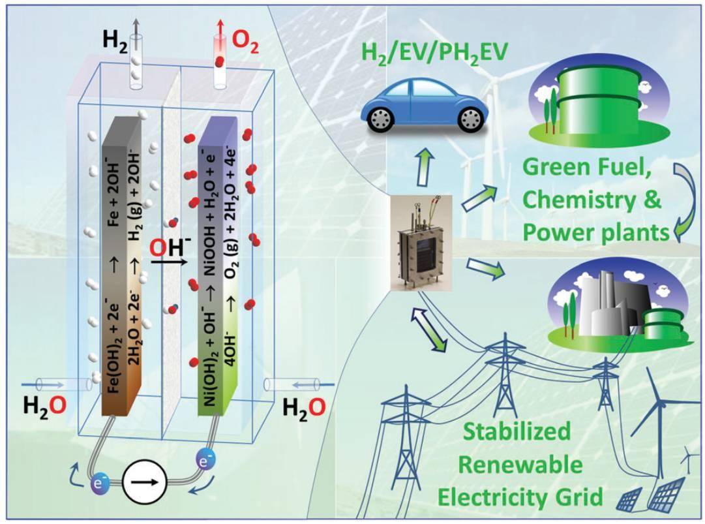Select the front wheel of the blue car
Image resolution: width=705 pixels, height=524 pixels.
(380, 118)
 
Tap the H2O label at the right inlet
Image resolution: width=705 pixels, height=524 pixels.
(304, 408)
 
